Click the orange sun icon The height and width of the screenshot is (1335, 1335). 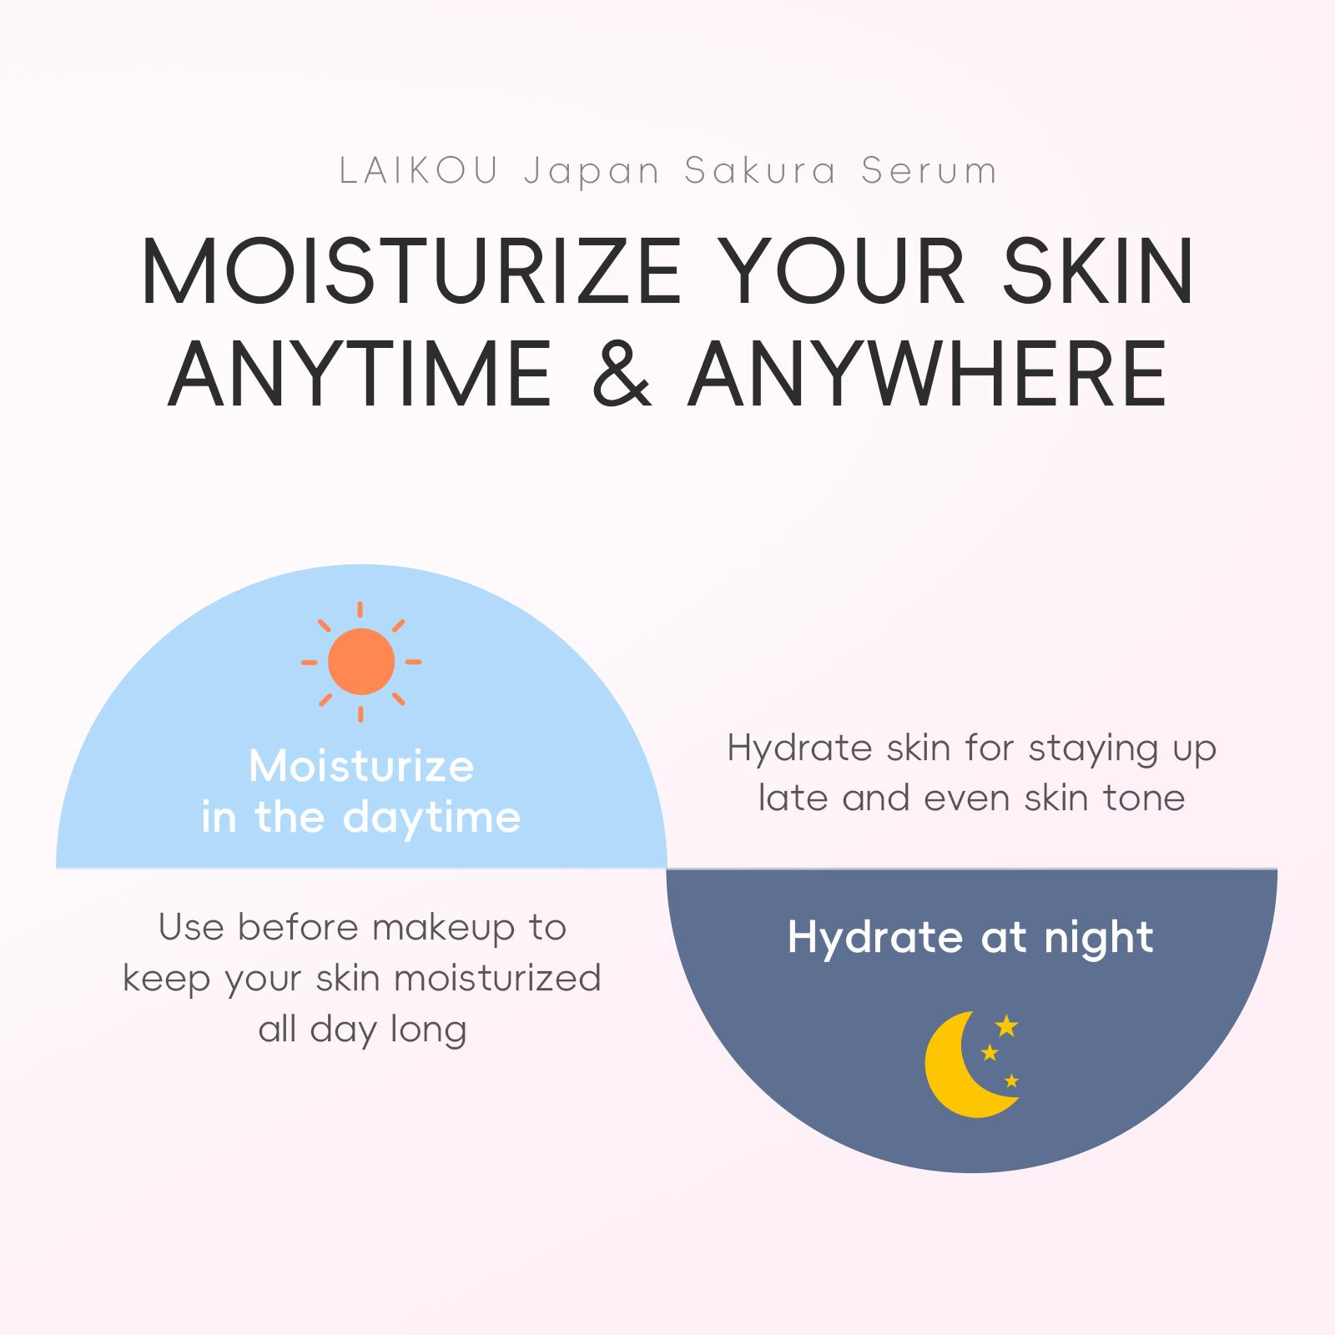361,662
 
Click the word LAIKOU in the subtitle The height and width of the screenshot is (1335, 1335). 420,171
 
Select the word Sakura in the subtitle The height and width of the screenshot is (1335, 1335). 759,171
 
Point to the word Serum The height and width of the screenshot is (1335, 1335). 929,171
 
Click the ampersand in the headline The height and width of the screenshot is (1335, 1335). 619,373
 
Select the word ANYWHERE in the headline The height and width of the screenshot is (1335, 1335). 927,373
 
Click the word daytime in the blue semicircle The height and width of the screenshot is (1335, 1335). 431,819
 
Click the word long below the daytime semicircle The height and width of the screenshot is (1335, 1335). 428,1030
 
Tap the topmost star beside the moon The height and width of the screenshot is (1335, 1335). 1007,1026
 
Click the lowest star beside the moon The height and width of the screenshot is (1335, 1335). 1011,1081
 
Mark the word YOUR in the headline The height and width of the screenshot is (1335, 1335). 839,273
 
